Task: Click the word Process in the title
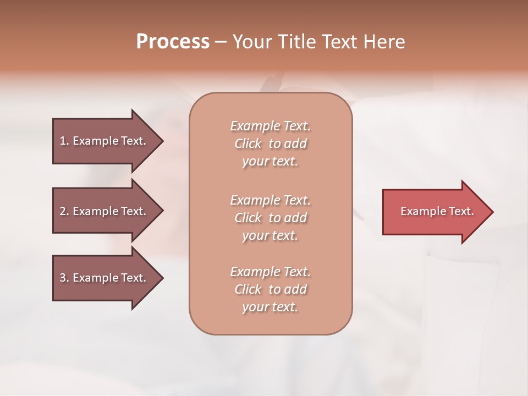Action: point(173,42)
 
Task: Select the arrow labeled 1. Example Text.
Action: point(105,141)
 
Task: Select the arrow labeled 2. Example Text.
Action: point(105,211)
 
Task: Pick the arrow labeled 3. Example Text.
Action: point(105,278)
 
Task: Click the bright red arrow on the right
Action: point(435,211)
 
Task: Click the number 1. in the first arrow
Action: point(64,141)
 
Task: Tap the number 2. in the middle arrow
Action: point(64,211)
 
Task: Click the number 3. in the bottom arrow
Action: point(64,278)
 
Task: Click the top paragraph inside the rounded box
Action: point(270,144)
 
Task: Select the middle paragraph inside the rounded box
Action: point(270,217)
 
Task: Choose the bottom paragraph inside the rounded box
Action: point(270,289)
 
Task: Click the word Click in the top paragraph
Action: point(248,144)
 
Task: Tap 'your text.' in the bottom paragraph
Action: point(270,307)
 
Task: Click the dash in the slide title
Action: point(221,42)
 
